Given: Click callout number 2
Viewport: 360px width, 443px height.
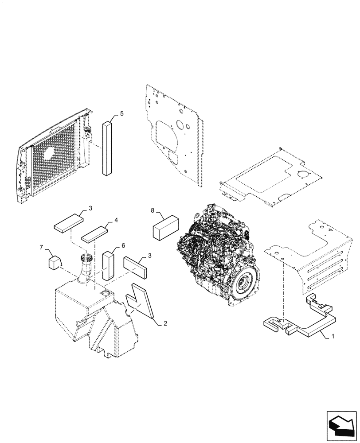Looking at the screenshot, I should [165, 324].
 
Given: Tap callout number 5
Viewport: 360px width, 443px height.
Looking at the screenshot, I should [121, 114].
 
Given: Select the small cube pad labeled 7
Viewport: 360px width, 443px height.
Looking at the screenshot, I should [54, 263].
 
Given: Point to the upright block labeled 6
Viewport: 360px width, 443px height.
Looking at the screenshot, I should [109, 266].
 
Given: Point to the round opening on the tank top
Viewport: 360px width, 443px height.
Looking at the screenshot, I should [106, 293].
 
